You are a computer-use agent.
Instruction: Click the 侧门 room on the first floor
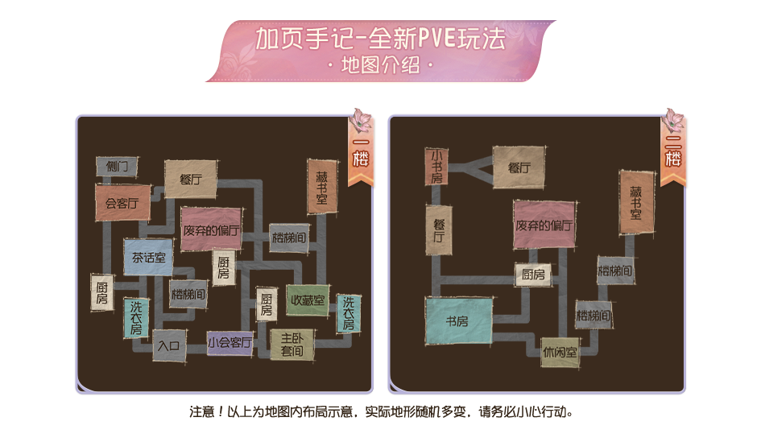[x=117, y=167]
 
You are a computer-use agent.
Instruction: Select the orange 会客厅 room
[x=122, y=203]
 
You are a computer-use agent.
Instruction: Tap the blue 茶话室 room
[x=148, y=258]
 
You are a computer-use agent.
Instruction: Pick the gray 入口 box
[x=169, y=345]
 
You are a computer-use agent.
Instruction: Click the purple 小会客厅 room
[x=230, y=343]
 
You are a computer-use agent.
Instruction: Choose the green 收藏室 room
[x=308, y=300]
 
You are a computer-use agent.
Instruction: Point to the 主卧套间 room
[x=292, y=345]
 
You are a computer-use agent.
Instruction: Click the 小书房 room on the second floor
[x=436, y=167]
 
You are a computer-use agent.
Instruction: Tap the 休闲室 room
[x=560, y=353]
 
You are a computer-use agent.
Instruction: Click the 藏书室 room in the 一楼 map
[x=322, y=187]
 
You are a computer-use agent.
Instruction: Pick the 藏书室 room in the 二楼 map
[x=637, y=202]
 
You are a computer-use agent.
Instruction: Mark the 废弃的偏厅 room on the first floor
[x=211, y=229]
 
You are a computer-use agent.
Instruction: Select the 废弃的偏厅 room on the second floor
[x=544, y=225]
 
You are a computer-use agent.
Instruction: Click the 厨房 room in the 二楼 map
[x=533, y=275]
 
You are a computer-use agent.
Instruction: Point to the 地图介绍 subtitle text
[x=380, y=65]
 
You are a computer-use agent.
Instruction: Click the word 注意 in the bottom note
[x=202, y=412]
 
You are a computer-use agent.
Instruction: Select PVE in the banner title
[x=437, y=38]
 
